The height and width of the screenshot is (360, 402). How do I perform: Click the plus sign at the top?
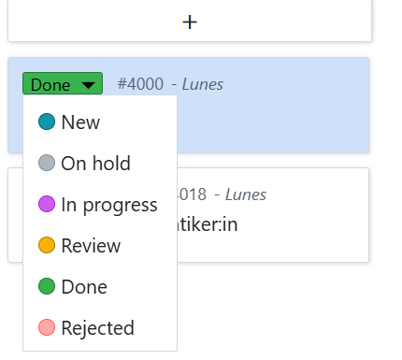coord(190,22)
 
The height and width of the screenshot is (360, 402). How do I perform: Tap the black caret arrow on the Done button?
coord(88,85)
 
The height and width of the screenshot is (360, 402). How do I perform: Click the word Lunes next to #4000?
coord(202,84)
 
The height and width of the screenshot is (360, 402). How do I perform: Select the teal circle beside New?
coord(48,122)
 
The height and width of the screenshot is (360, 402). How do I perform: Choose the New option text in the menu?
coord(80,122)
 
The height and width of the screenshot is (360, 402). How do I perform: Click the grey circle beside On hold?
coord(48,164)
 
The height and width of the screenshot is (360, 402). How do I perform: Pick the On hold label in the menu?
coord(95,164)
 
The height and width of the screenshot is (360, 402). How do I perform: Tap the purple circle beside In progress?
coord(48,205)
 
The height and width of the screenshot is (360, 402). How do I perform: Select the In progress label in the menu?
coord(108,205)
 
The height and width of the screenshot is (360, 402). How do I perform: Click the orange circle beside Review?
coord(48,246)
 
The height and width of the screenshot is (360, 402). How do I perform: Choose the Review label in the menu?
coord(91,246)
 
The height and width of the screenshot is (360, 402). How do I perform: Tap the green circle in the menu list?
coord(48,287)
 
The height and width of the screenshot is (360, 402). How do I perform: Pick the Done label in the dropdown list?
coord(84,287)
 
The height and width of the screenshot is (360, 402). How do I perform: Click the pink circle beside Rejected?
coord(48,328)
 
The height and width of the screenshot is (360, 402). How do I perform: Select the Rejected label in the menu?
coord(97,328)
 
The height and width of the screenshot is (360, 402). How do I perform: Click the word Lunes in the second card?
coord(245,194)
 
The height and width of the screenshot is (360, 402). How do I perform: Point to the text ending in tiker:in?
coord(216,225)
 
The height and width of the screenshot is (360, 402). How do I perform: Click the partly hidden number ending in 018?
coord(192,194)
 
